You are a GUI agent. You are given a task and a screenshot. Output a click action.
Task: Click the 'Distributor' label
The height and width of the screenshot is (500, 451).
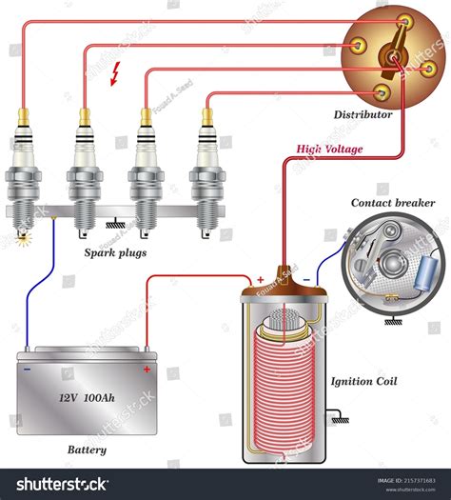(x=363, y=114)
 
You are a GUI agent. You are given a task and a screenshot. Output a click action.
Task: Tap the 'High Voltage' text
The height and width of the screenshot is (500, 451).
(x=330, y=150)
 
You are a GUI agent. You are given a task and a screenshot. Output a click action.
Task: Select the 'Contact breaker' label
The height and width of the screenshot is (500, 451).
(x=393, y=203)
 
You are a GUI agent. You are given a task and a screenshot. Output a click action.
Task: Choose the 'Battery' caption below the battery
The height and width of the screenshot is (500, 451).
(x=87, y=450)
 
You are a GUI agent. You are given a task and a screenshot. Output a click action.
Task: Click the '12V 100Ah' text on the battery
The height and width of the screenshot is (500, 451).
(x=87, y=396)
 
